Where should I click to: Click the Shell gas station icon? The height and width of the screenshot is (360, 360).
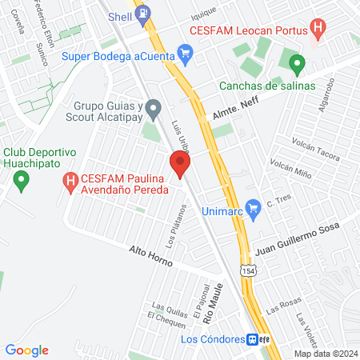click(x=143, y=14)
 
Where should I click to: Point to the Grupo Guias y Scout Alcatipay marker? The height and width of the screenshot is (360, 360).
click(x=154, y=107)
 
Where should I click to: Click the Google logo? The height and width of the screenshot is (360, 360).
click(x=27, y=350)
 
